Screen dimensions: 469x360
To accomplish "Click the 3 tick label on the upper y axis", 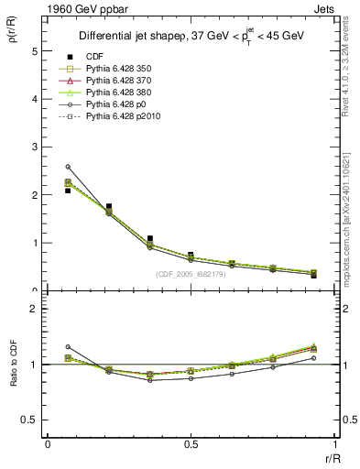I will pyautogui.click(x=34, y=147).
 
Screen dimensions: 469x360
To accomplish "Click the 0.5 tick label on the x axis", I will pyautogui.click(x=191, y=444).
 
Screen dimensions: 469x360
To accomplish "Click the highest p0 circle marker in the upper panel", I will pyautogui.click(x=68, y=167).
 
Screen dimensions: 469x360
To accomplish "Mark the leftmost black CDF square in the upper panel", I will pyautogui.click(x=68, y=191).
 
